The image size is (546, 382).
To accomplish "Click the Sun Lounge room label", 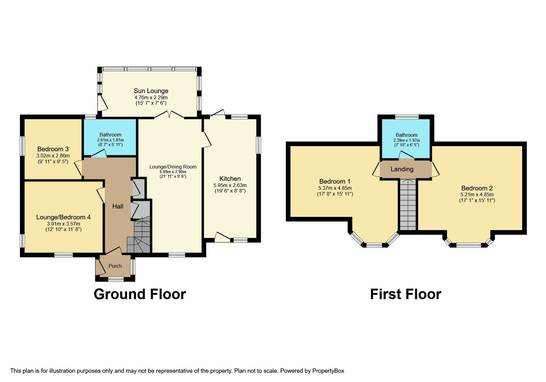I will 151,91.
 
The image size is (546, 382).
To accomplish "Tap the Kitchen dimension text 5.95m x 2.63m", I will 230,185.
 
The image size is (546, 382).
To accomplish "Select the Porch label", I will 115,266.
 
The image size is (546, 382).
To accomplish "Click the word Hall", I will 118,206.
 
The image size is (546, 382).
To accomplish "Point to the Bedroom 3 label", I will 53,149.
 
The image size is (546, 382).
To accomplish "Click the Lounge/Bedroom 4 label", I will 64,217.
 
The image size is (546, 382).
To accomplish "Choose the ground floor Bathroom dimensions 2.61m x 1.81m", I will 110,140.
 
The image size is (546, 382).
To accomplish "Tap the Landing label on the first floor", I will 402,169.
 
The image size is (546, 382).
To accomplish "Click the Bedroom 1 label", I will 335,181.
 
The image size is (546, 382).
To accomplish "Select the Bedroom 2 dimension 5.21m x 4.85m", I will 477,194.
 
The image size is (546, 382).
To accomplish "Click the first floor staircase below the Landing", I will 408,205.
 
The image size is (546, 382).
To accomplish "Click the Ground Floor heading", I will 140,294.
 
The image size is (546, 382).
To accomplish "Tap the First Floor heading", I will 405,294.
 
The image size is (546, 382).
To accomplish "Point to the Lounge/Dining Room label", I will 173,167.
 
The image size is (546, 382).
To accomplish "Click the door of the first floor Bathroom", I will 406,155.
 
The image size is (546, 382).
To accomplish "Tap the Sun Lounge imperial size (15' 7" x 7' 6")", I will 151,103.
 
